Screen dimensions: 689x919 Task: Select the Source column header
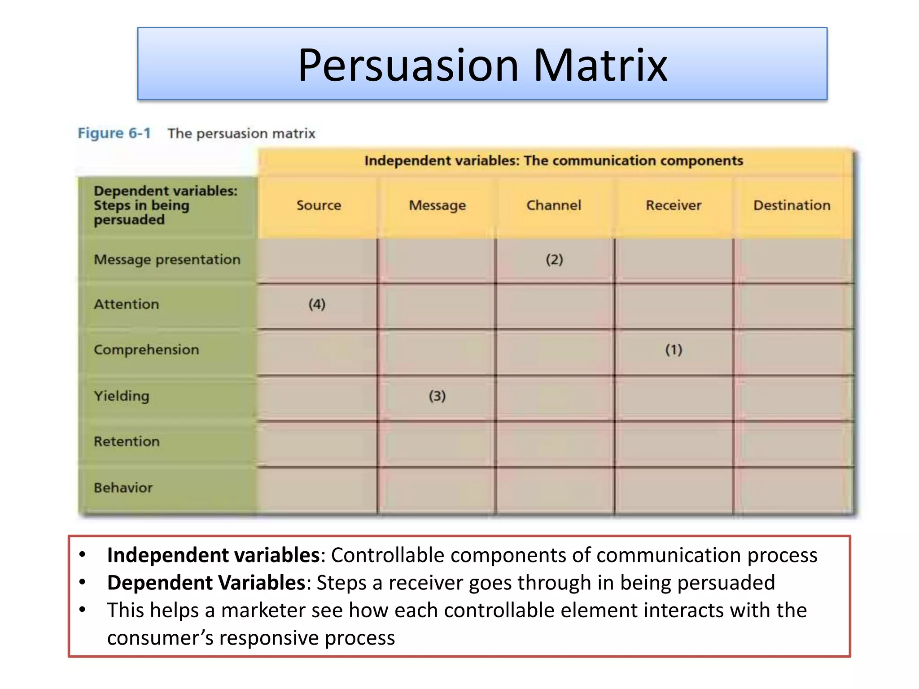pyautogui.click(x=319, y=205)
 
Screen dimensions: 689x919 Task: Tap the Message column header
pyautogui.click(x=437, y=205)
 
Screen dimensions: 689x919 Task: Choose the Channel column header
pyautogui.click(x=554, y=205)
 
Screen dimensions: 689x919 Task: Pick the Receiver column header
pyautogui.click(x=673, y=205)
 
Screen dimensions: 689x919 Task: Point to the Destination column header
pyautogui.click(x=792, y=205)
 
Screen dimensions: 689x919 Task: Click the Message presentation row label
pyautogui.click(x=167, y=260)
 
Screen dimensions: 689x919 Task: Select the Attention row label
pyautogui.click(x=127, y=305)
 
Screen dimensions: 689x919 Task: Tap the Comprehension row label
pyautogui.click(x=146, y=350)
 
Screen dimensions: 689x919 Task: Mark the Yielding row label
pyautogui.click(x=121, y=396)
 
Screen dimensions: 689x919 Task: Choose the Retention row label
pyautogui.click(x=127, y=441)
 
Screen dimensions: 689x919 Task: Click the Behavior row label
pyautogui.click(x=123, y=488)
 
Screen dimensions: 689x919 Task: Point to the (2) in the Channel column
pyautogui.click(x=554, y=260)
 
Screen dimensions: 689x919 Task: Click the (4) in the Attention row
pyautogui.click(x=317, y=305)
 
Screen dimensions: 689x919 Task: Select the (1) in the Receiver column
pyautogui.click(x=674, y=350)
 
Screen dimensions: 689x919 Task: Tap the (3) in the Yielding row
pyautogui.click(x=437, y=396)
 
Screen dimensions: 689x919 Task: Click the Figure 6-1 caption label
pyautogui.click(x=114, y=133)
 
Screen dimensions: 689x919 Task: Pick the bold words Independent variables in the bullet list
pyautogui.click(x=213, y=555)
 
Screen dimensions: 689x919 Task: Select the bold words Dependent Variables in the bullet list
pyautogui.click(x=206, y=583)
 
